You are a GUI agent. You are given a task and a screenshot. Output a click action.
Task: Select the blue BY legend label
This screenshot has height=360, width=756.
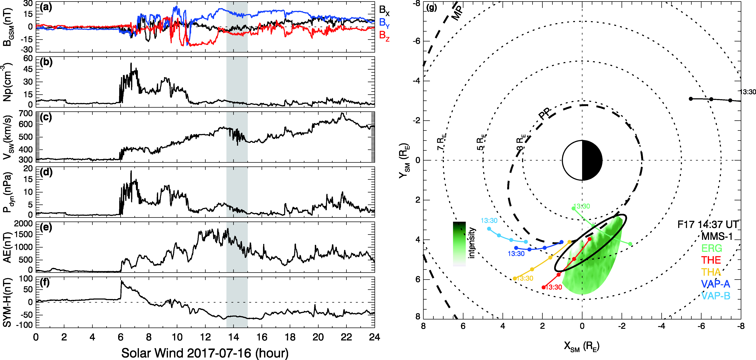point(384,23)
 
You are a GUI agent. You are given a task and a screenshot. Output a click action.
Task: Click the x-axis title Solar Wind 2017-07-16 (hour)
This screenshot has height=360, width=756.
point(205,353)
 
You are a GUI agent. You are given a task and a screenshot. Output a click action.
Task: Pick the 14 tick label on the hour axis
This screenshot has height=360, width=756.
point(234,337)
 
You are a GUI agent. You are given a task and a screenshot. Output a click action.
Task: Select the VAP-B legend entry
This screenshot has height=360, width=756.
point(715,296)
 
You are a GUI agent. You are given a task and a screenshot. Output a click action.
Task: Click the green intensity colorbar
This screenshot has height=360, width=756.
point(459,244)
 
